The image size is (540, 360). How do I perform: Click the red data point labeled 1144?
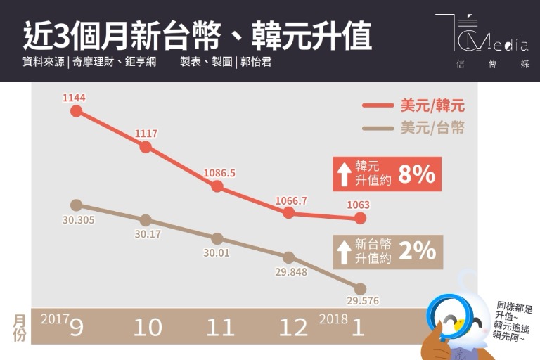(x=76, y=111)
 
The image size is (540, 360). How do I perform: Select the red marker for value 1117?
(x=146, y=147)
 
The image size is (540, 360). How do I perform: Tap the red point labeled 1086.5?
(x=217, y=186)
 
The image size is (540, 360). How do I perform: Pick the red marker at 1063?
(x=360, y=219)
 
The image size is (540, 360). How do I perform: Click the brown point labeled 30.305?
(x=77, y=205)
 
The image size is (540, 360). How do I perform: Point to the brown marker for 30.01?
(x=217, y=238)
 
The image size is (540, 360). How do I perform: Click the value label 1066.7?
(x=290, y=200)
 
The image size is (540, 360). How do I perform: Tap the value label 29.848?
(x=288, y=271)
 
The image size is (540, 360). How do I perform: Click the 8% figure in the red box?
(x=416, y=174)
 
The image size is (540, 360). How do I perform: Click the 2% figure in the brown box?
(x=417, y=250)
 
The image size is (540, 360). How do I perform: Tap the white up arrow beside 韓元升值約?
(x=344, y=174)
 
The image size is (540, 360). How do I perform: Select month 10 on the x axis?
(x=148, y=327)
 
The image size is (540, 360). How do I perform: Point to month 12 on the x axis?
(x=292, y=327)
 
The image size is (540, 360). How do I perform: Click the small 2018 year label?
(x=333, y=319)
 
